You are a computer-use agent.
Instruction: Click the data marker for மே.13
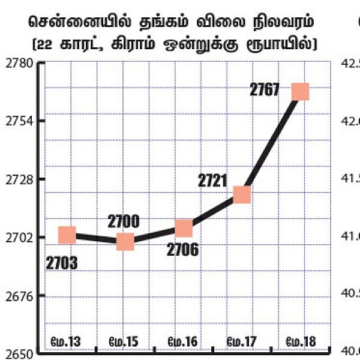point(67,235)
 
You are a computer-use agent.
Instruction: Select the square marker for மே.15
point(125,242)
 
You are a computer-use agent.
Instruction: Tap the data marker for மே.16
point(184,229)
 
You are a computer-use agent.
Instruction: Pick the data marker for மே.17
point(242,194)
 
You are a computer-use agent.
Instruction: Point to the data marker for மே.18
point(299,92)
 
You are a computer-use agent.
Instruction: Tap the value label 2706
point(184,250)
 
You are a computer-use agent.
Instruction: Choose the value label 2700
point(124,221)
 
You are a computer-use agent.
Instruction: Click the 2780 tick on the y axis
point(19,63)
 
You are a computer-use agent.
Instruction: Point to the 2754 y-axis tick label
point(19,121)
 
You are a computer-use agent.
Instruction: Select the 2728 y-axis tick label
point(19,179)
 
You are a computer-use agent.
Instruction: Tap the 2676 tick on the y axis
point(19,296)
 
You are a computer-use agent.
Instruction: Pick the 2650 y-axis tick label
point(19,353)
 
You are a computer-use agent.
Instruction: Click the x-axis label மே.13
point(67,342)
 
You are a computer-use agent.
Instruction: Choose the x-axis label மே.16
point(183,342)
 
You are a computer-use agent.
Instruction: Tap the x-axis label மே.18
point(300,342)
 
